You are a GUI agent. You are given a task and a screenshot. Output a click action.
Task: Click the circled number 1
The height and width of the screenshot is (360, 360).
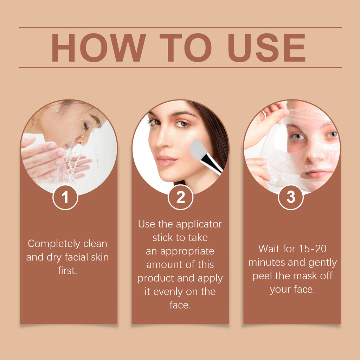(65, 197)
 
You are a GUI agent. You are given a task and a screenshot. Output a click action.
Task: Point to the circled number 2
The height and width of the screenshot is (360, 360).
(180, 197)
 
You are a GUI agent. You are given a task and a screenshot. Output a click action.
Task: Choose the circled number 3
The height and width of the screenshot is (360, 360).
(291, 197)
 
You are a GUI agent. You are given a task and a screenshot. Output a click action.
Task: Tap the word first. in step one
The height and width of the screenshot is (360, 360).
(67, 271)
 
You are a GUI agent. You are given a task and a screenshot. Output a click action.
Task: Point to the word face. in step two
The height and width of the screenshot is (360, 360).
(180, 305)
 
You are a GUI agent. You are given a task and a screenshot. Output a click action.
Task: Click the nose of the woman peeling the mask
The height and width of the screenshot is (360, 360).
(311, 154)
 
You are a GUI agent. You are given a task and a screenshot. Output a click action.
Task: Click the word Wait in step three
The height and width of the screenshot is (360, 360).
(269, 249)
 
